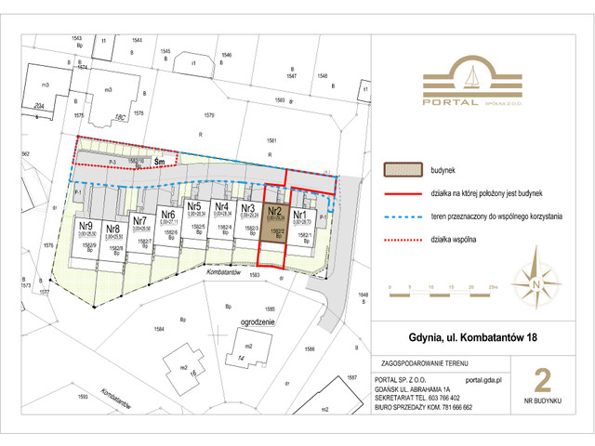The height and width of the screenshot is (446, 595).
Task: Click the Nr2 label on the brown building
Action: [x=276, y=211]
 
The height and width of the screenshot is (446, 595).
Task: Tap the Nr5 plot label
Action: [x=194, y=206]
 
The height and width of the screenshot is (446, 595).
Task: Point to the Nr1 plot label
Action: [x=301, y=211]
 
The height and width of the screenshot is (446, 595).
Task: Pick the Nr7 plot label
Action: [x=140, y=221]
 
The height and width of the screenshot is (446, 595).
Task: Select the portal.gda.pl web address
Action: [x=483, y=380]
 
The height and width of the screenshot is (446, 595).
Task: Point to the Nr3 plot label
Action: [x=248, y=207]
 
